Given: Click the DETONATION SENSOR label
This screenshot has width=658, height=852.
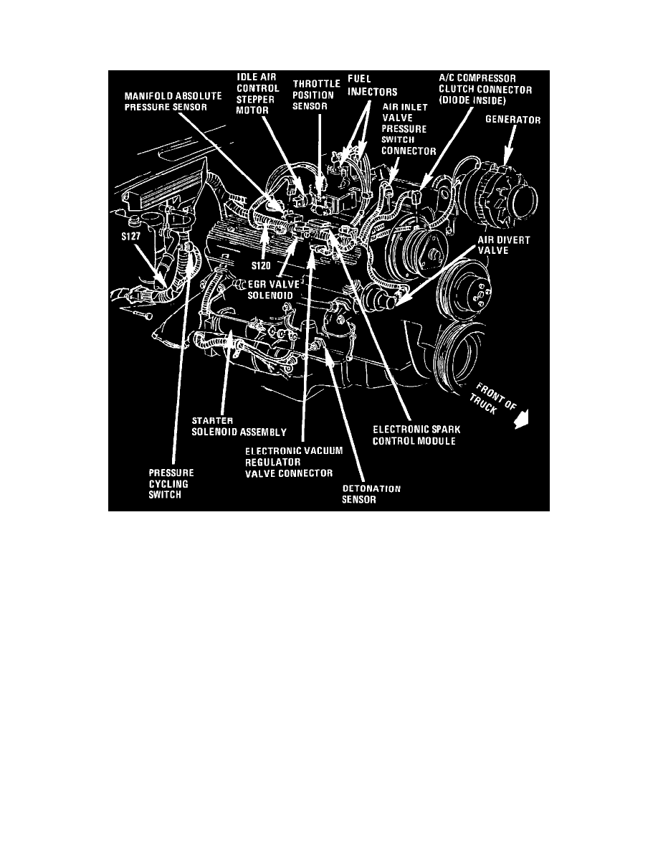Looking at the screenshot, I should (x=371, y=495).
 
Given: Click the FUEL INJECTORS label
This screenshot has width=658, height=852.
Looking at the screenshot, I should (x=373, y=85).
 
